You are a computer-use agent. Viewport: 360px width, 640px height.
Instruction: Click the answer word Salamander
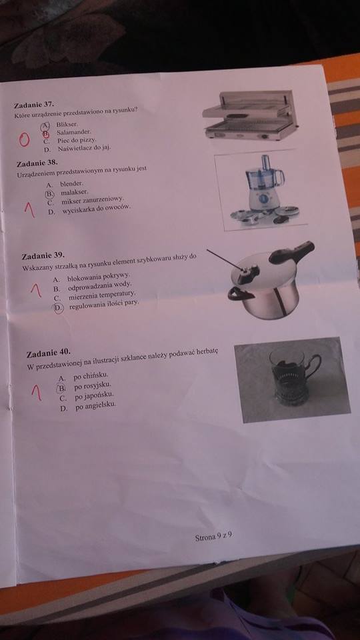[x=74, y=132]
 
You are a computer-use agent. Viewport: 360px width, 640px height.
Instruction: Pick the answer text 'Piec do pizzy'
[x=77, y=140]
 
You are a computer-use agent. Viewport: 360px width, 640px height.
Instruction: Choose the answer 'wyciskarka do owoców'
[x=96, y=209]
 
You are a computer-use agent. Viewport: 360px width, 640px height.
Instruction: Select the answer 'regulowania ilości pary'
[x=104, y=305]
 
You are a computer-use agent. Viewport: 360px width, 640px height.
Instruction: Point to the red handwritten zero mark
[x=24, y=139]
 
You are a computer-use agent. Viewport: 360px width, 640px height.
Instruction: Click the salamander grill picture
[x=250, y=115]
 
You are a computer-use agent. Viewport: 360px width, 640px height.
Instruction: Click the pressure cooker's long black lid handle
[x=292, y=251]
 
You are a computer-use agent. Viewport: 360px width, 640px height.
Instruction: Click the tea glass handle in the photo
[x=313, y=365]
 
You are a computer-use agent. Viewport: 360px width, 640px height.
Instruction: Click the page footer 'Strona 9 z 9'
[x=214, y=536]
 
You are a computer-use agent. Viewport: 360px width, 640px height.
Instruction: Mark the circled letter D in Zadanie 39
[x=59, y=308]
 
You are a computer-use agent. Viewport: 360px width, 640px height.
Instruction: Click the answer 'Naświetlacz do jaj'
[x=84, y=148]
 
